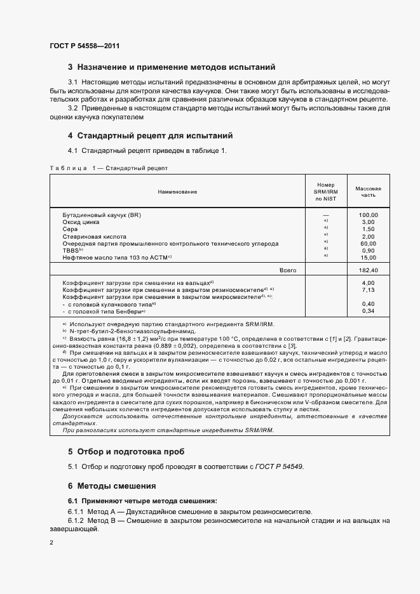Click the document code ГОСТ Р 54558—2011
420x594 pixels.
coord(85,46)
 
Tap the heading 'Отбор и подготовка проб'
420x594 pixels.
coord(130,452)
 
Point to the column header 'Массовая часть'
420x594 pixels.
coord(368,192)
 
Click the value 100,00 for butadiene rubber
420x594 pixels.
coord(368,215)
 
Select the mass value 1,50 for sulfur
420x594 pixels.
coord(368,229)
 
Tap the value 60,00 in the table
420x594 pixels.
coord(368,243)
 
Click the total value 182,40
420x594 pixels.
coord(368,270)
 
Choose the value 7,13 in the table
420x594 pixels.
coord(368,289)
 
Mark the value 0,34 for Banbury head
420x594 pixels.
coord(368,310)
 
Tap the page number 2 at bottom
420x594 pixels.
coord(51,543)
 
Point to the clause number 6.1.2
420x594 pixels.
coord(76,520)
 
